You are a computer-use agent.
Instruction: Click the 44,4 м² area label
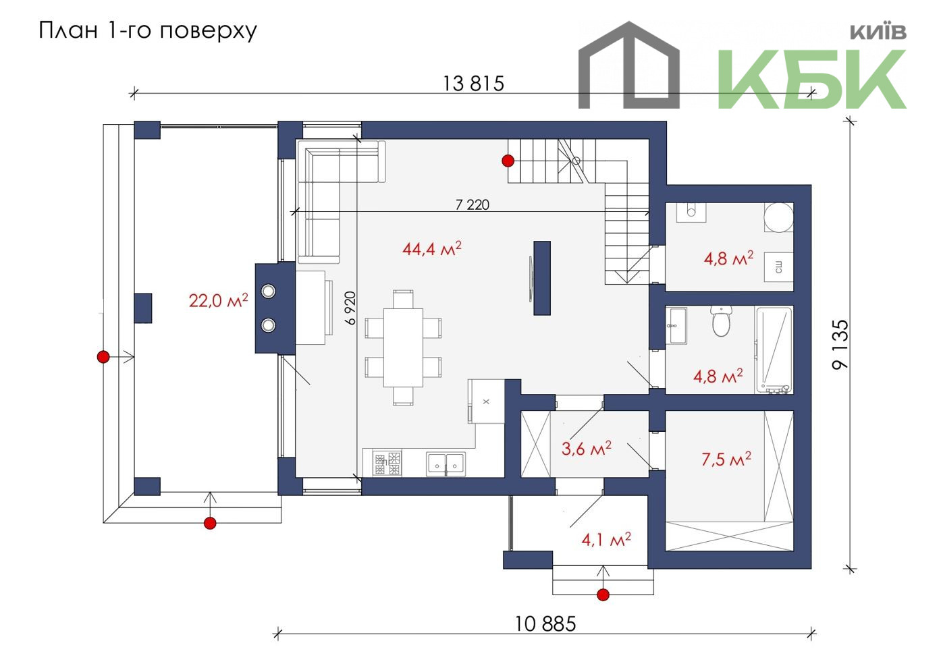pos(432,248)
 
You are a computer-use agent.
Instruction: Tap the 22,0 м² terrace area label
pos(219,300)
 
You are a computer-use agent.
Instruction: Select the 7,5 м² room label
pos(726,458)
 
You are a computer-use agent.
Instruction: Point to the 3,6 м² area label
pos(587,449)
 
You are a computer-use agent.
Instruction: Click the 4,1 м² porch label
pos(606,539)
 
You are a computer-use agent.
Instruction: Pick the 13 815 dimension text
pos(473,83)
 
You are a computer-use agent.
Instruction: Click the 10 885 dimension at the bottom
pos(545,624)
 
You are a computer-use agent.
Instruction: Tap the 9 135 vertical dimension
pos(840,344)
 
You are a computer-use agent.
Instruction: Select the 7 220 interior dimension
pos(473,204)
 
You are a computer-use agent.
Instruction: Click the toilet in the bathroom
pos(722,321)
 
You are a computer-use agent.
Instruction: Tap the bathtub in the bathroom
pos(774,350)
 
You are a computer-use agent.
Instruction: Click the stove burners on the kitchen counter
pos(387,464)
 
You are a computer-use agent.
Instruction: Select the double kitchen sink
pos(446,464)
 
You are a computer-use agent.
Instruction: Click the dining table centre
pos(403,347)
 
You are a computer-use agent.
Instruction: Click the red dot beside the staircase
pos(508,161)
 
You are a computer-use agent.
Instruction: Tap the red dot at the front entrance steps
pos(603,594)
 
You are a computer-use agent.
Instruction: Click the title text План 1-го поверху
pos(148,30)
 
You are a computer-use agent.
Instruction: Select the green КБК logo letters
pos(811,79)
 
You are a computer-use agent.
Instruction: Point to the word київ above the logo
pos(878,32)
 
